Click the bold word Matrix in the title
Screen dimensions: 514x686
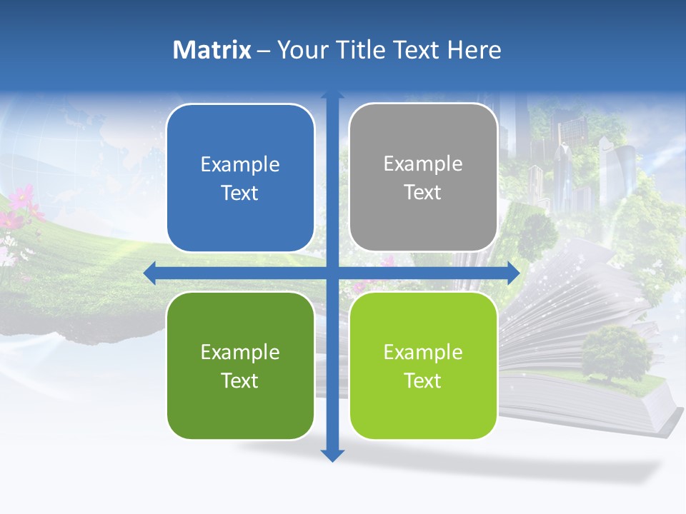[x=212, y=50]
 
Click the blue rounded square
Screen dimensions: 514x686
[x=240, y=178]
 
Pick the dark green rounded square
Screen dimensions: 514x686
[x=240, y=366]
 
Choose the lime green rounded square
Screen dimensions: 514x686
[x=423, y=366]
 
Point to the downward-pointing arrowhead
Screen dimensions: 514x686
[x=332, y=455]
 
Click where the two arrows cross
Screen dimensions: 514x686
[x=332, y=272]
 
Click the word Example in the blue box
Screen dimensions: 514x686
[x=240, y=165]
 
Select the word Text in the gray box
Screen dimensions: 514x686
[x=423, y=192]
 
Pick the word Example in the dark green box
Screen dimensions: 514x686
[x=240, y=352]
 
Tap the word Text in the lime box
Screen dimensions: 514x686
[x=423, y=381]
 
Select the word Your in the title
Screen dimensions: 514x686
[x=301, y=50]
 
